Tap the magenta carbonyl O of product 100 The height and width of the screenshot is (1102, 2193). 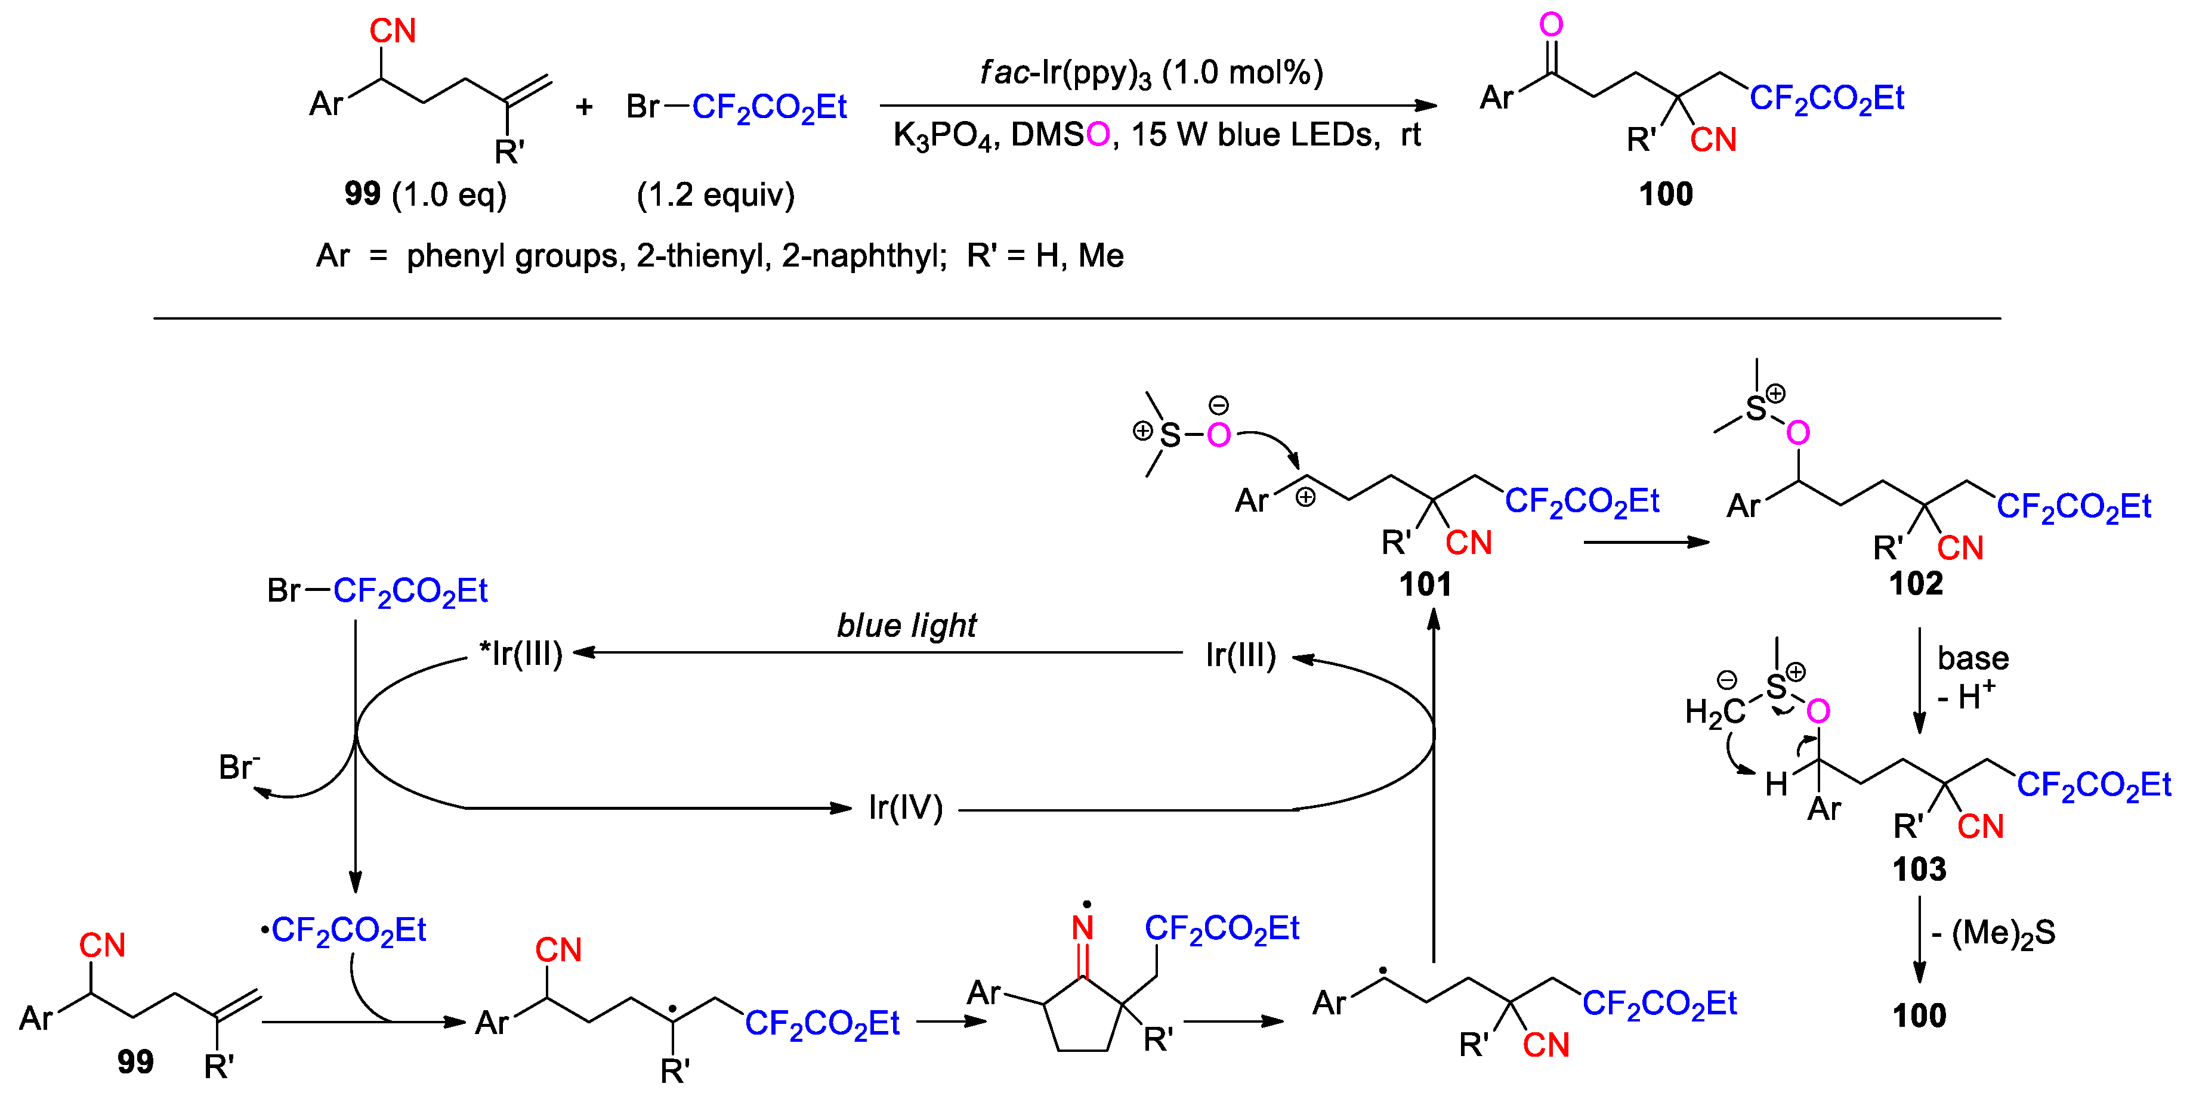pos(1551,24)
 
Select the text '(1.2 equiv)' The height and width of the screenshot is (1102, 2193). pos(715,195)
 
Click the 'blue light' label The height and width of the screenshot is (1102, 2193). pos(907,626)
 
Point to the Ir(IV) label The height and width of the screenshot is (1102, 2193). pos(906,807)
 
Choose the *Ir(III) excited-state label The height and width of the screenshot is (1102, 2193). pos(521,654)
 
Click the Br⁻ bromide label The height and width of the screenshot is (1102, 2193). pos(239,767)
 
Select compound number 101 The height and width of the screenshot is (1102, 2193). pos(1425,584)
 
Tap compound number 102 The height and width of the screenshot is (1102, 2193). pos(1916,584)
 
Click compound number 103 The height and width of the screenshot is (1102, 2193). pos(1919,869)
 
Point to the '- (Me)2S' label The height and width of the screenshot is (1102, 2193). pos(1992,933)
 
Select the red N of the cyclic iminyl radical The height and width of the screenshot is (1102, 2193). pos(1083,927)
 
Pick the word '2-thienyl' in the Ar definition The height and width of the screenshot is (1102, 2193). pos(703,255)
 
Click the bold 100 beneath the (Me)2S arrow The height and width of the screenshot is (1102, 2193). pos(1919,1015)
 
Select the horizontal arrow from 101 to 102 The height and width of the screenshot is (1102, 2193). pos(1645,542)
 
